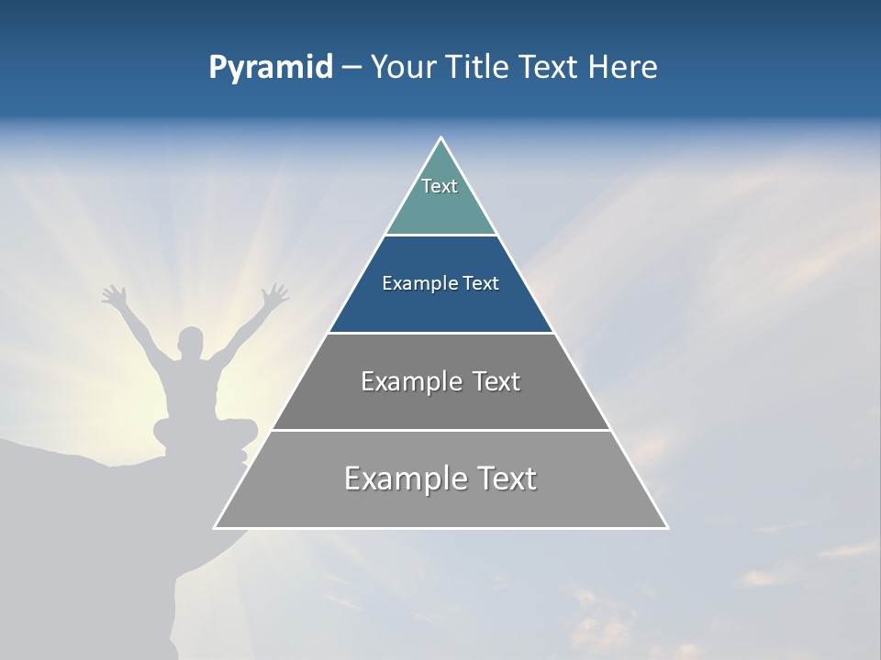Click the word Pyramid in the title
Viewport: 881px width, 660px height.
[x=271, y=68]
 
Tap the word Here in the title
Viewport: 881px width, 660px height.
[x=623, y=67]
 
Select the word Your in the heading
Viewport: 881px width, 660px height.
[x=403, y=67]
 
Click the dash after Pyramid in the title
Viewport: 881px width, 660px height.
[x=351, y=68]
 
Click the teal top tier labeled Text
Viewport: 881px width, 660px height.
[x=440, y=197]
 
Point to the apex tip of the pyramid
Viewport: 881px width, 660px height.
[x=441, y=138]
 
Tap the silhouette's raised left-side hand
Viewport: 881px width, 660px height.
[x=114, y=295]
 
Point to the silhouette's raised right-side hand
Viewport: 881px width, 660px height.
[x=274, y=295]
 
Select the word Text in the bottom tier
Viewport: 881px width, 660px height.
[x=501, y=478]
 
